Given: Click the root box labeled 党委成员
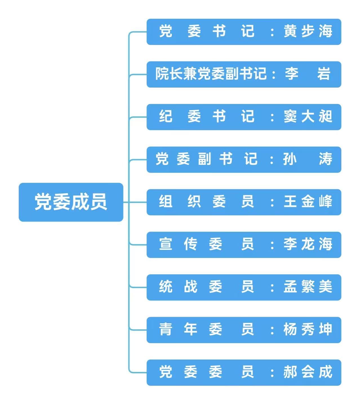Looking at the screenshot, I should click(71, 202).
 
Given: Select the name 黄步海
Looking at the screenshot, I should click(308, 31).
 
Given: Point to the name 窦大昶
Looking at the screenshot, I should click(308, 117).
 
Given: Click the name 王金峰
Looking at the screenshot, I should click(308, 202).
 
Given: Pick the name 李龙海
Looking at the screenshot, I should click(308, 244).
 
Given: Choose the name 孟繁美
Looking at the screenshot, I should click(308, 287).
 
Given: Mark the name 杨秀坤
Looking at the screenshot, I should click(308, 329).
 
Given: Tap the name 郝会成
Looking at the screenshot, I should click(308, 372).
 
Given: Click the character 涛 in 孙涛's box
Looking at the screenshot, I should click(325, 159).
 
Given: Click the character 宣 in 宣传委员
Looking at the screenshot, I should click(166, 244).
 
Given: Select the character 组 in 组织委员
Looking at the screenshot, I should click(166, 202).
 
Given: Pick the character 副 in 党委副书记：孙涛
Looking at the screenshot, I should click(205, 159).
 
